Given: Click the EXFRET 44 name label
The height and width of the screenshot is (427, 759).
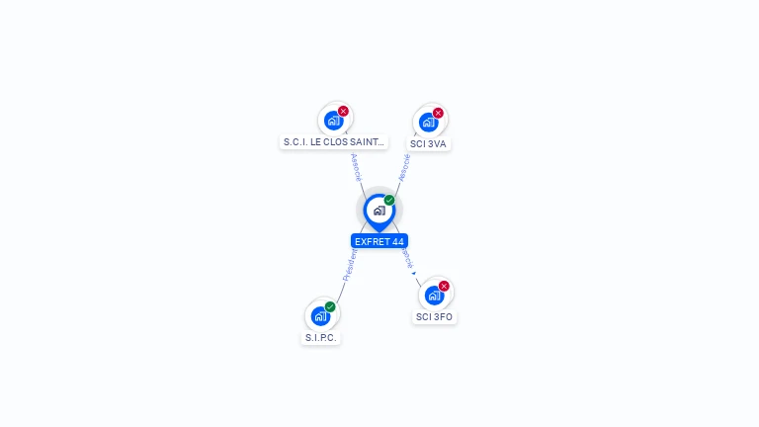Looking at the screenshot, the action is (x=379, y=241).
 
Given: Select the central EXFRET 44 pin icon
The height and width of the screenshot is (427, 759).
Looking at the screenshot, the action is (x=379, y=211).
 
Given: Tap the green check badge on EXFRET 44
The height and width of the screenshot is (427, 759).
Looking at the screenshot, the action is (x=389, y=201).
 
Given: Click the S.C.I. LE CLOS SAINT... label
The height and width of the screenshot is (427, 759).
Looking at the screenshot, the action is (x=334, y=142).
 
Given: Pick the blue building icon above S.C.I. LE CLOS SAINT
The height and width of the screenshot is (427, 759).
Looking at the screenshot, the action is (x=333, y=121).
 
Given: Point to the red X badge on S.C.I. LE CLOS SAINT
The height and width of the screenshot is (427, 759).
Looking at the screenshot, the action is (x=343, y=112).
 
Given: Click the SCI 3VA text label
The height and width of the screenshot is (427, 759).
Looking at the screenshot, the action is (x=429, y=143).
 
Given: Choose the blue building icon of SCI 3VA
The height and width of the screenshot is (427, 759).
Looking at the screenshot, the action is (x=428, y=122).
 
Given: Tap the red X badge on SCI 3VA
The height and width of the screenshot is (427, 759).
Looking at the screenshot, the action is (x=438, y=113).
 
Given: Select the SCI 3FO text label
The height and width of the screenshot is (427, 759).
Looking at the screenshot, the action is (x=435, y=317).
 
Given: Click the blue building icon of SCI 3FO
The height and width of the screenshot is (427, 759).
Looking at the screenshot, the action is (x=434, y=295).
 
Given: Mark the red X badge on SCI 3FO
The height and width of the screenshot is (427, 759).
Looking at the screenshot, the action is (x=444, y=287).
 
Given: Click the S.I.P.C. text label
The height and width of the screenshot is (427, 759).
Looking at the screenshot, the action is (x=320, y=338).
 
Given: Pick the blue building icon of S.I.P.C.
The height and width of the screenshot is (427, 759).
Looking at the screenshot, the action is (x=320, y=315).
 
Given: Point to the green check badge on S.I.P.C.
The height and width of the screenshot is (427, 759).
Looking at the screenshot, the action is (x=330, y=306).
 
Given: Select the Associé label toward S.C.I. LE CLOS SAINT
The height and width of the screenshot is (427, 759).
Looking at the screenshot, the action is (x=357, y=167).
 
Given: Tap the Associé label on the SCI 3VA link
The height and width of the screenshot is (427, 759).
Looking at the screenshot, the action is (x=403, y=168).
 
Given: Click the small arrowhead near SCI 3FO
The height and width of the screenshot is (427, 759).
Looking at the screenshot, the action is (x=413, y=273).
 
